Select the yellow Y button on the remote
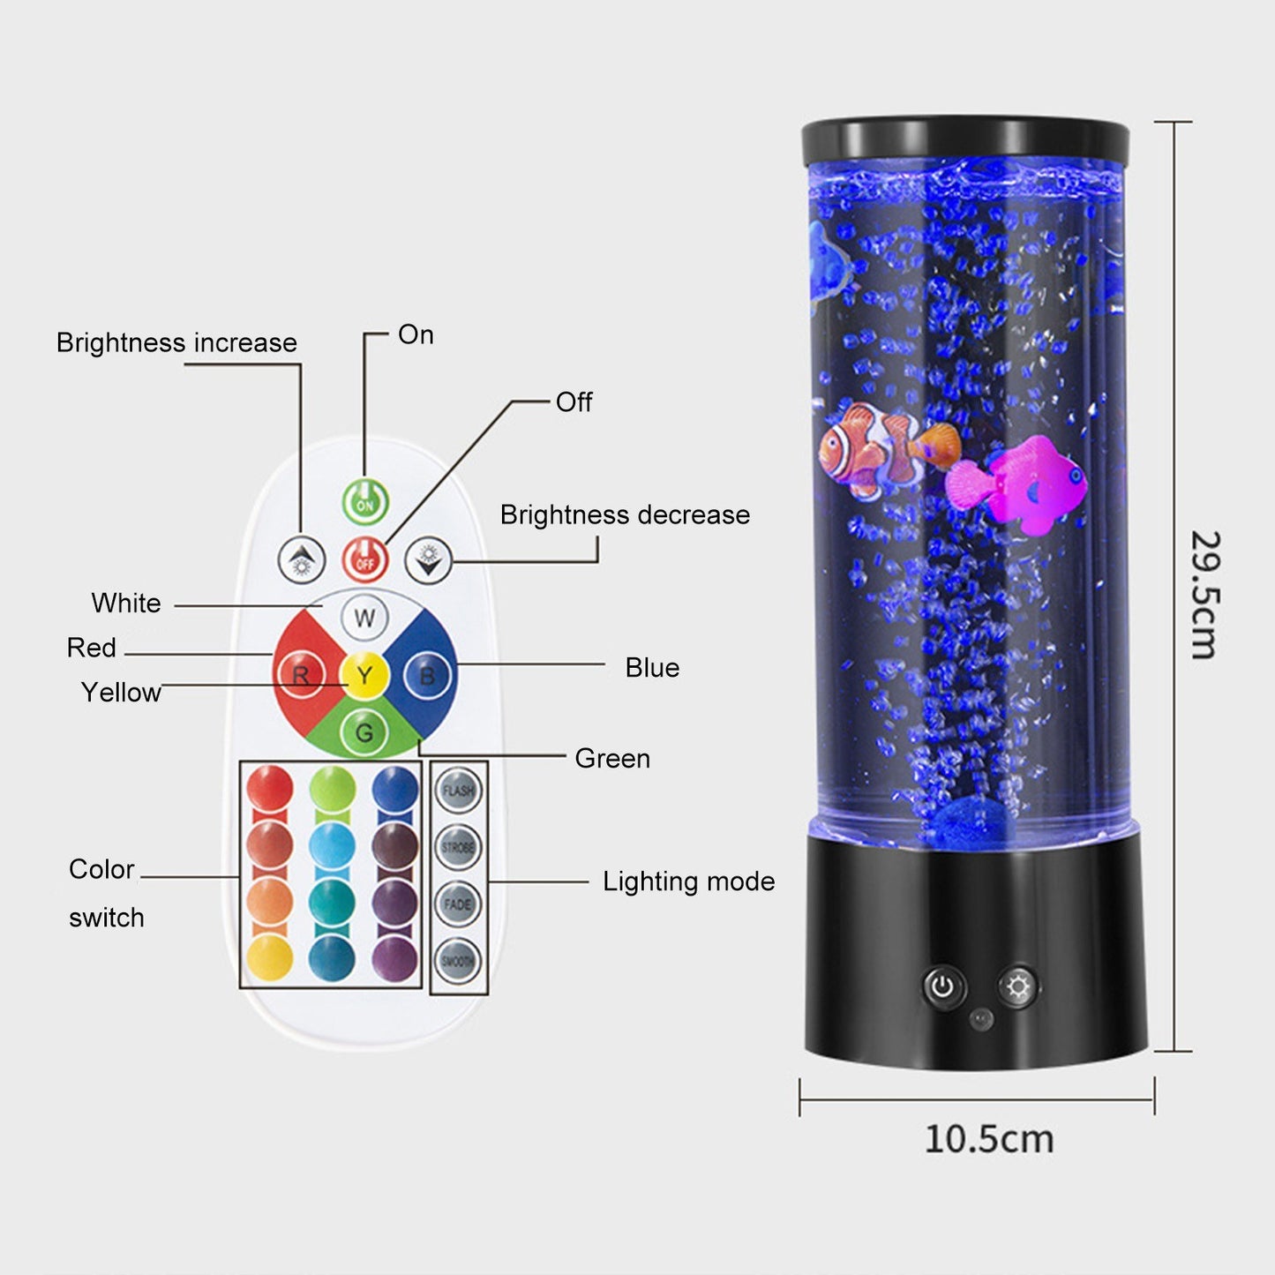point(364,677)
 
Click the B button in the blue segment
point(427,677)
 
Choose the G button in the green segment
point(364,732)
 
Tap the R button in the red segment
point(301,677)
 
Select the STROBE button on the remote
point(458,847)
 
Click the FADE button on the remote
point(458,904)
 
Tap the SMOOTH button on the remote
point(458,961)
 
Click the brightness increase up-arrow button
point(302,559)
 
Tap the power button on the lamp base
point(943,986)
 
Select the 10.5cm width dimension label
point(989,1139)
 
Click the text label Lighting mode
point(688,881)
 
